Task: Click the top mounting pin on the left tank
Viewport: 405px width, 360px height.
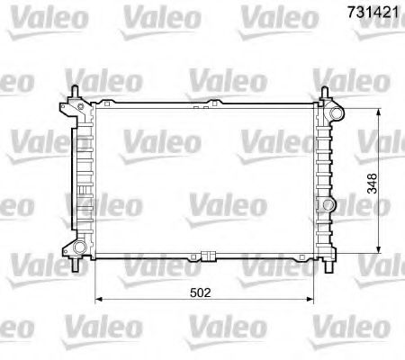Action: (73, 90)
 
